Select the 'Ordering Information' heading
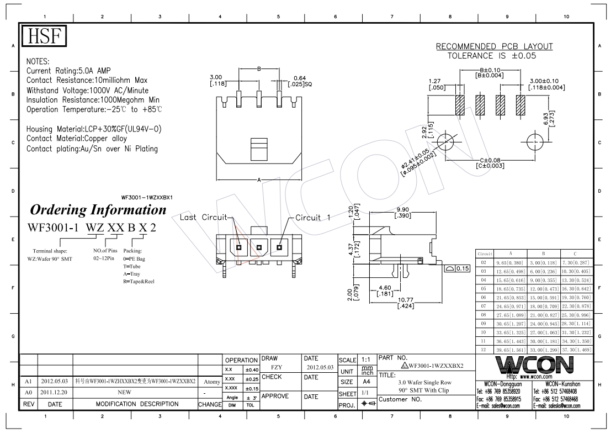click(x=98, y=210)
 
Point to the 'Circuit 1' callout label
click(x=312, y=217)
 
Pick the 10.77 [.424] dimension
click(x=406, y=303)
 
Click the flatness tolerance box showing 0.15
click(x=457, y=268)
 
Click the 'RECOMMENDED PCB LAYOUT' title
click(x=494, y=46)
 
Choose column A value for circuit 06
click(x=511, y=297)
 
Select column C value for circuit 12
click(x=576, y=350)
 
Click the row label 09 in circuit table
click(x=484, y=324)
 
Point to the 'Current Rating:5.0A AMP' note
click(x=68, y=71)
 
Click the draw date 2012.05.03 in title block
click(x=320, y=366)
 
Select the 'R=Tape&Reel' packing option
click(x=139, y=281)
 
